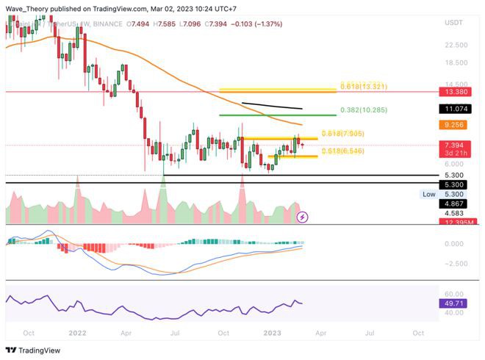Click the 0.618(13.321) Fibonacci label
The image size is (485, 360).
click(373, 87)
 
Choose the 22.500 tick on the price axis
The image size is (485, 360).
click(456, 45)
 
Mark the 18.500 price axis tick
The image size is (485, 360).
click(456, 65)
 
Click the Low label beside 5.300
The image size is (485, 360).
click(428, 194)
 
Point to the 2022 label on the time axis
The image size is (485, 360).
click(77, 332)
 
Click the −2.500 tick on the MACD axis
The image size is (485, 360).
click(456, 263)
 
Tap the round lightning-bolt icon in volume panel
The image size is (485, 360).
click(302, 217)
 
